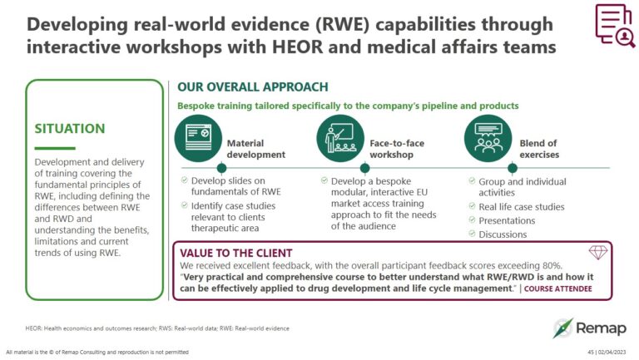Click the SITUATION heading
click(x=70, y=129)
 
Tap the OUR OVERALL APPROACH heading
click(x=252, y=86)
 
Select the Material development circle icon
click(x=199, y=137)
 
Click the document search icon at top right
click(x=614, y=26)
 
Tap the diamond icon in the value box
click(x=597, y=252)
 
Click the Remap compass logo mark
click(x=564, y=328)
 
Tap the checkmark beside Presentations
click(x=472, y=220)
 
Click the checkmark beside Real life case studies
click(x=472, y=207)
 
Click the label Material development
click(x=255, y=149)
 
